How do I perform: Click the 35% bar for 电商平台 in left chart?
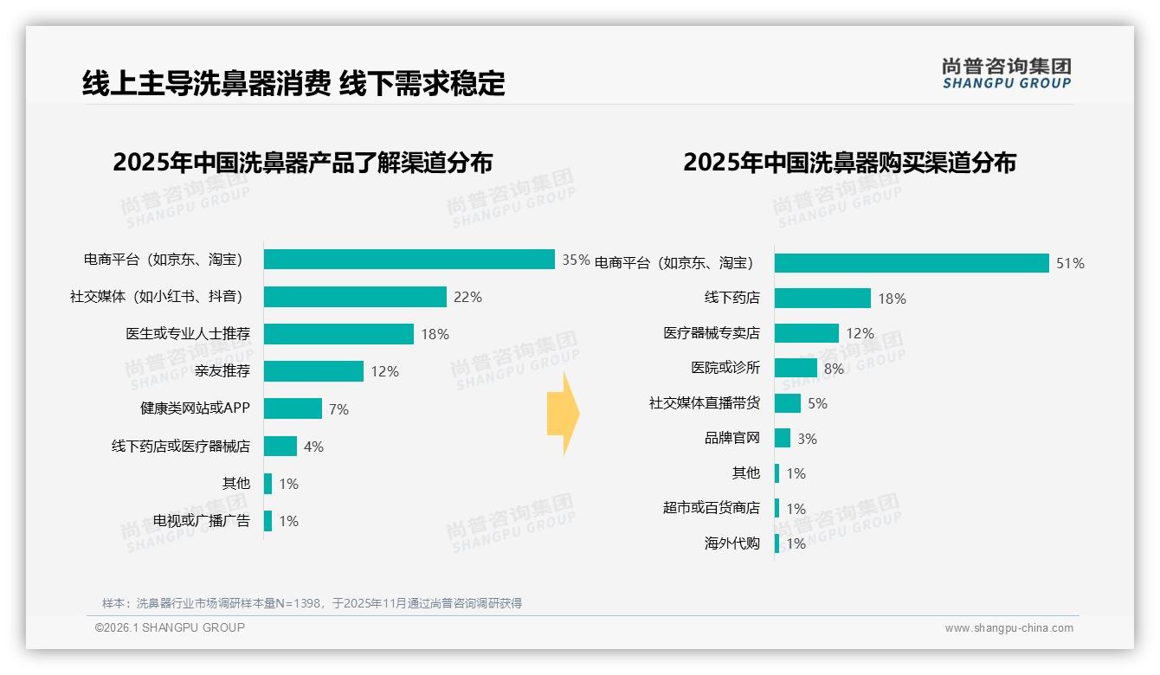409,260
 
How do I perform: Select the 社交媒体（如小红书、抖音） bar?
355,297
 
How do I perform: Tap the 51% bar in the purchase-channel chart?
912,263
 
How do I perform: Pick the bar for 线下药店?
822,299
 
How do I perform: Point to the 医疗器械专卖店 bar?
806,333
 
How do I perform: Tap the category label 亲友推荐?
222,371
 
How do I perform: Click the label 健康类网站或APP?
195,408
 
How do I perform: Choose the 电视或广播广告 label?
202,521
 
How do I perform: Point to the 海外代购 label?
731,543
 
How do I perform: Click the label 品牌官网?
731,438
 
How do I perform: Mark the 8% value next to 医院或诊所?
834,369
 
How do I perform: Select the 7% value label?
338,409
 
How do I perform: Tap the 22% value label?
467,298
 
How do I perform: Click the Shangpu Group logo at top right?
1006,74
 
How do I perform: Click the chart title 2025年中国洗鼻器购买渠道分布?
849,163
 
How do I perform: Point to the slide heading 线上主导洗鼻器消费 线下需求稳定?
293,84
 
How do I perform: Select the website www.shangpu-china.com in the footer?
1009,628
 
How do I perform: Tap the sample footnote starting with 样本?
312,603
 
